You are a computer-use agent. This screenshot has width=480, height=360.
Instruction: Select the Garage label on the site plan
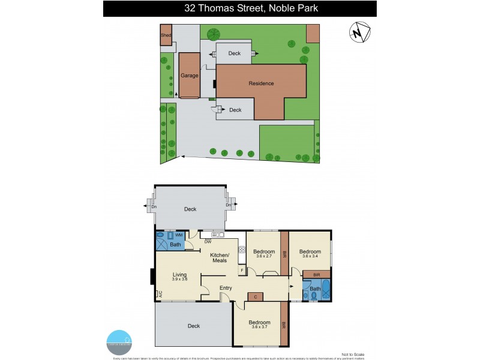[190, 76]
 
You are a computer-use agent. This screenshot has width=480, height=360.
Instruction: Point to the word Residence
[261, 83]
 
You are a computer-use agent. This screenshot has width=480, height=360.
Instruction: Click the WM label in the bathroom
[178, 235]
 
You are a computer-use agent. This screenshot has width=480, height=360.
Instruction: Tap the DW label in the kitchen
[207, 242]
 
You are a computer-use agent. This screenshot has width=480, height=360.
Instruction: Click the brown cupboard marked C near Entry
[256, 296]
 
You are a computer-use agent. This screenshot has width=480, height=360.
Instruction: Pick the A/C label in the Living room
[160, 294]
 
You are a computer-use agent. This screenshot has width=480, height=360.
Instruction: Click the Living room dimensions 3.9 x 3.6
[180, 279]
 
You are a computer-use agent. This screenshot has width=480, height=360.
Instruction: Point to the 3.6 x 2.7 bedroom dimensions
[263, 257]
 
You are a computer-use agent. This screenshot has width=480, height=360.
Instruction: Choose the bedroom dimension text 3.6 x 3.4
[310, 257]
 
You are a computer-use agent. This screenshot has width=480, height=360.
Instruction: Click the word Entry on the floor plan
[226, 288]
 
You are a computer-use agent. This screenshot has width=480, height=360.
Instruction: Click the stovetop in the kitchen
[242, 249]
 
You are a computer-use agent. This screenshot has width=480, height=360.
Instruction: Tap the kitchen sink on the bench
[215, 234]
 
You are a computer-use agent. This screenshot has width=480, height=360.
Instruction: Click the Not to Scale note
[352, 355]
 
